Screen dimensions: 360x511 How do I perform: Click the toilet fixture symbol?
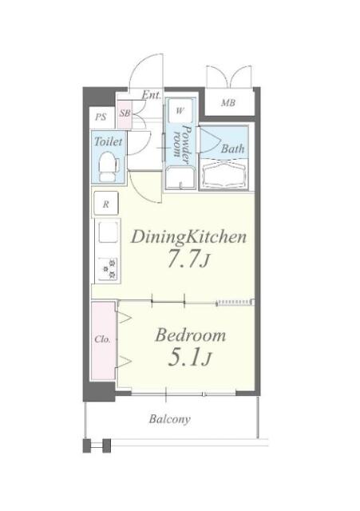pos(109,167)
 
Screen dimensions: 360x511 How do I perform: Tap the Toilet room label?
pos(109,141)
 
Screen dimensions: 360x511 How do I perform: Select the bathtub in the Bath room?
pos(224,174)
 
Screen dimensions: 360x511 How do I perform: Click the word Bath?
pos(232,149)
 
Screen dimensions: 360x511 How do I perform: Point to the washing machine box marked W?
pos(180,111)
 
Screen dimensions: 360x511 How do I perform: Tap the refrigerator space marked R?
pos(106,204)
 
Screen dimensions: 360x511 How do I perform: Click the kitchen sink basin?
pos(108,232)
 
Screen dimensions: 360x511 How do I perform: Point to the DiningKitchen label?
pos(188,237)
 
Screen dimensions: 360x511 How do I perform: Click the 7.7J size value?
pos(188,259)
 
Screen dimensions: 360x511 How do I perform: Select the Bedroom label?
pos(190,335)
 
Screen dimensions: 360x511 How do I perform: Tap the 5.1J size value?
pos(190,358)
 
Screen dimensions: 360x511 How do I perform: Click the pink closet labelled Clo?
pos(103,341)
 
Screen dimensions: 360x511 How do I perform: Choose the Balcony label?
pos(170,419)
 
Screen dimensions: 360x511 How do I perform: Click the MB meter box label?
pos(228,103)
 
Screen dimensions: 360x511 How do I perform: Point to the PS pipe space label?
pos(101,117)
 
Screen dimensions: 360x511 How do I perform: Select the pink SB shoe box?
pos(125,114)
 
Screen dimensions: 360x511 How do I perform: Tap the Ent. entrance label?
pos(152,95)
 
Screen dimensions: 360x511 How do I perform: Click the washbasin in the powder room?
pos(180,177)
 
